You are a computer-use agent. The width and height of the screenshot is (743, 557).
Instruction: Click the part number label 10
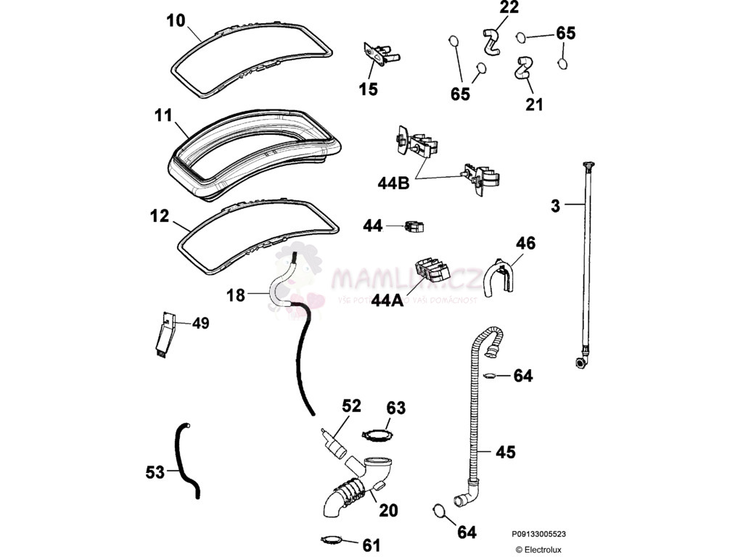[x=176, y=20]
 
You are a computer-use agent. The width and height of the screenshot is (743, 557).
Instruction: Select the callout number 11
[x=163, y=115]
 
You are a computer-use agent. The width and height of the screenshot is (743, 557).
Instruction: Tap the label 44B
[x=394, y=183]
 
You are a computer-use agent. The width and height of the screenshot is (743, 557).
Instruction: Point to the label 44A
[x=387, y=300]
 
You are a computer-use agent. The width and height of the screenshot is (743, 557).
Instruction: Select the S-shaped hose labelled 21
[x=522, y=67]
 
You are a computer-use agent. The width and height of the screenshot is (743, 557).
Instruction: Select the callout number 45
[x=505, y=452]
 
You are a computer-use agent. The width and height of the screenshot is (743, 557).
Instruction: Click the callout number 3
[x=555, y=206]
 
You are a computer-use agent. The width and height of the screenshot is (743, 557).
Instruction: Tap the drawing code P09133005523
[x=538, y=535]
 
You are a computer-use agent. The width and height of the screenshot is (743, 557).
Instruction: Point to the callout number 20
[x=388, y=511]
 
